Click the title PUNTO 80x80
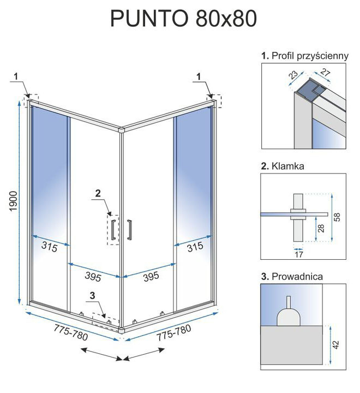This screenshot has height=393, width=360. (x=183, y=19)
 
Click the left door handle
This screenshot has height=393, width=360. (x=113, y=230)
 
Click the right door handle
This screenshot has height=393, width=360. (x=129, y=230)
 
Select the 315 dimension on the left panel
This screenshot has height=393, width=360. (x=50, y=247)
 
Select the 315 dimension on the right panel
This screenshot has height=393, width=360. (x=195, y=247)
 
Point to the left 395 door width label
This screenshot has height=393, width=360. (x=93, y=276)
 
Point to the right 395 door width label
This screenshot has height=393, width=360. (x=151, y=276)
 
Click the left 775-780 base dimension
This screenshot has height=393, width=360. (x=71, y=332)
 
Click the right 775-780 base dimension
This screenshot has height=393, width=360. (x=174, y=332)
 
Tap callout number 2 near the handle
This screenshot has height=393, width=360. (x=98, y=193)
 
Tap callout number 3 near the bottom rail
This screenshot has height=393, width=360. (x=92, y=296)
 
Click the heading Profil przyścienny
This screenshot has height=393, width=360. (x=310, y=56)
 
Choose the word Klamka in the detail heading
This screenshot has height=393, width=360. (x=288, y=166)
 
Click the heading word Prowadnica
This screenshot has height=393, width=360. (x=297, y=276)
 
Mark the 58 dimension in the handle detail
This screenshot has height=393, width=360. (x=337, y=217)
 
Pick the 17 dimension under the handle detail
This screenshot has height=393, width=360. (x=298, y=254)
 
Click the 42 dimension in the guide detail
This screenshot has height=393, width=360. (x=336, y=344)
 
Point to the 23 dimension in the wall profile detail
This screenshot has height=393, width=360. (x=293, y=75)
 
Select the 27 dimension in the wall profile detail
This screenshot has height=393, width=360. (x=325, y=73)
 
